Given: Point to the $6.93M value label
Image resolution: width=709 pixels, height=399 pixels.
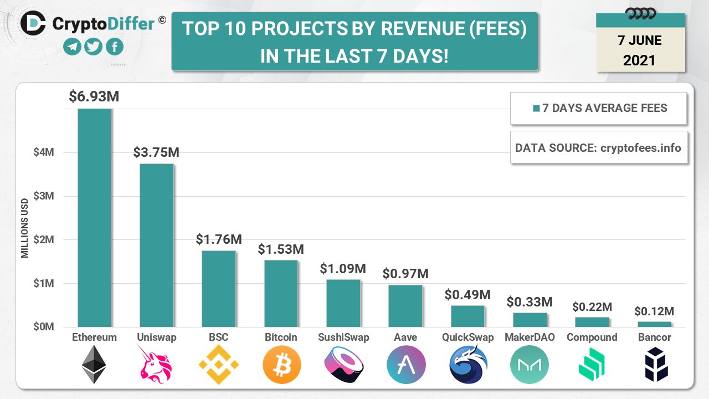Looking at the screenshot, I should [x=94, y=96].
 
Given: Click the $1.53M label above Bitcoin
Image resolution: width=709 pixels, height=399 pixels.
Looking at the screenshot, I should [x=281, y=249].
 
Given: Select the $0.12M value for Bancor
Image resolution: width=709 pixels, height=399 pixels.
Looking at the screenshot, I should [x=654, y=311].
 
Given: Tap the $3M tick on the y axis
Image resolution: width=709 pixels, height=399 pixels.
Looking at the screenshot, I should [x=44, y=196].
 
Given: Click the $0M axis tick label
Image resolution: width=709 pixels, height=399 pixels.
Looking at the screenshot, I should [x=44, y=327].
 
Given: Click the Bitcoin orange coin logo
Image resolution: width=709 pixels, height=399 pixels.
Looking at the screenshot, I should [x=281, y=365].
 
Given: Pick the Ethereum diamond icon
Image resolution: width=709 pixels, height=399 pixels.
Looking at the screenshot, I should [x=94, y=365].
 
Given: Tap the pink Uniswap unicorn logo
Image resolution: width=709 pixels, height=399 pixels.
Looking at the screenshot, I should [x=156, y=365].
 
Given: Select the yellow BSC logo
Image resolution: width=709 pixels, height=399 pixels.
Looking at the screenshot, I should [x=218, y=365].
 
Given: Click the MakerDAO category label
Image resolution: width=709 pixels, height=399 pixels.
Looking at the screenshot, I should [x=530, y=337].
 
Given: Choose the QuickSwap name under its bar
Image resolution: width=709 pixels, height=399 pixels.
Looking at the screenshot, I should [x=467, y=337].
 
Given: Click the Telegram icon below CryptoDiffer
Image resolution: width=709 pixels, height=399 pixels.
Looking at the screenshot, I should [x=72, y=47].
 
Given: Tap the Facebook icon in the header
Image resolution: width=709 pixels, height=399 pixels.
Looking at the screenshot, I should [x=114, y=47].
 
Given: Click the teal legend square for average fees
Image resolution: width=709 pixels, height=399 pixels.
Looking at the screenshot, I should [x=536, y=109].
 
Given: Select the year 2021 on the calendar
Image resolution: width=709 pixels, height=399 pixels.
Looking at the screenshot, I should [x=640, y=60].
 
